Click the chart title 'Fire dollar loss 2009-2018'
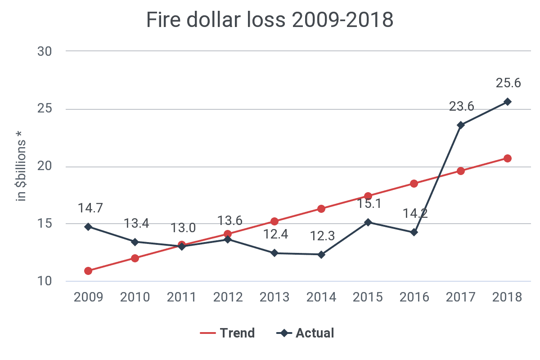(270, 20)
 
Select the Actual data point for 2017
(460, 125)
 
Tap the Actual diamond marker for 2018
(507, 102)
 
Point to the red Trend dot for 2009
(88, 271)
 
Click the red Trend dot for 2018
(507, 158)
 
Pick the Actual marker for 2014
(321, 255)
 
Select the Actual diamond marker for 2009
(88, 227)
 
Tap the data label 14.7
(90, 208)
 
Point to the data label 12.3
(323, 236)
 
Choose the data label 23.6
(462, 106)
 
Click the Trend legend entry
(228, 333)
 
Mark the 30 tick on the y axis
(45, 51)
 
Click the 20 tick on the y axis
(45, 166)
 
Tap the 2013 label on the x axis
(275, 297)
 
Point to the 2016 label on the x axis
(414, 297)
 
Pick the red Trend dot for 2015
(368, 196)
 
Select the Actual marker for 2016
(414, 232)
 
